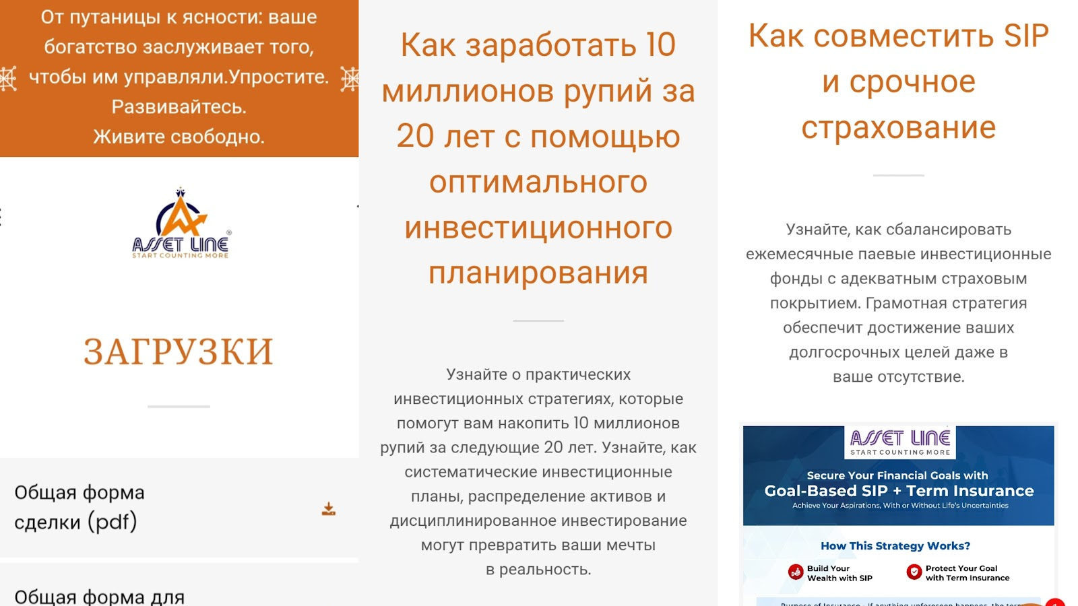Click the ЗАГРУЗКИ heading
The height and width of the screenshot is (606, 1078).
pyautogui.click(x=179, y=351)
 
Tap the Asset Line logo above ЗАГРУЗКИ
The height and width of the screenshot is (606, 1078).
pyautogui.click(x=181, y=224)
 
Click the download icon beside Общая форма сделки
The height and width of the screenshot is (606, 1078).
pyautogui.click(x=329, y=509)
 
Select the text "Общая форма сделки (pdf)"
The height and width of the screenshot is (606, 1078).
pyautogui.click(x=79, y=507)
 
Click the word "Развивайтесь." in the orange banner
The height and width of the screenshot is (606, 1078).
pyautogui.click(x=179, y=106)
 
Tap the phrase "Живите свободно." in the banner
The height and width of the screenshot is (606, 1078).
pyautogui.click(x=179, y=137)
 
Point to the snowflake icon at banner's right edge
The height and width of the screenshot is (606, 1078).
pyautogui.click(x=350, y=79)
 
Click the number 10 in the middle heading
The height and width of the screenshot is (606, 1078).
pyautogui.click(x=660, y=45)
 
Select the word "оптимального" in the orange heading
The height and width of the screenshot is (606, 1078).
pyautogui.click(x=538, y=182)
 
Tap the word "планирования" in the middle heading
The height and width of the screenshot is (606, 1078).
pyautogui.click(x=538, y=273)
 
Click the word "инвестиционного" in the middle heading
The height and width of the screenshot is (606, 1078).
pyautogui.click(x=538, y=228)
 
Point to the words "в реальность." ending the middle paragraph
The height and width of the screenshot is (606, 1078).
pyautogui.click(x=538, y=570)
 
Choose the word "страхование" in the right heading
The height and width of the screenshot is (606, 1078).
pyautogui.click(x=898, y=127)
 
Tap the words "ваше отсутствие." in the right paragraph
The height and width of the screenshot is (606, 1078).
pyautogui.click(x=898, y=376)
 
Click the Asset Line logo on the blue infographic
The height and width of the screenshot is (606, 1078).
pyautogui.click(x=900, y=442)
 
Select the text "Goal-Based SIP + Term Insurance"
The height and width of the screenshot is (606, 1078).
pyautogui.click(x=899, y=491)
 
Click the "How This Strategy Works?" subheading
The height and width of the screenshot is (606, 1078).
pyautogui.click(x=895, y=545)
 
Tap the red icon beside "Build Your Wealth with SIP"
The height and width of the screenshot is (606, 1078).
pyautogui.click(x=796, y=572)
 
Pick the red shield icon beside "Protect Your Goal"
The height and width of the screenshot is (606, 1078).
pyautogui.click(x=914, y=572)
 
